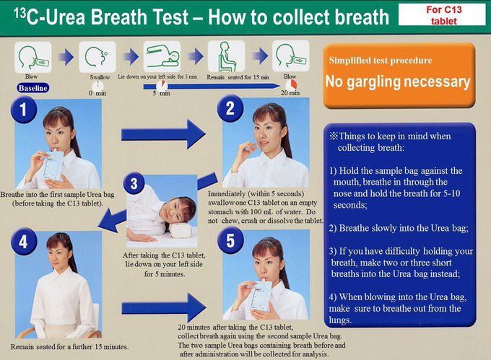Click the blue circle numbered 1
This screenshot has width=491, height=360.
pos(24,110)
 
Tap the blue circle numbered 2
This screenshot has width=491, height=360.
pos(230,108)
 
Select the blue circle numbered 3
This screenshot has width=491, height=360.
pos(134,183)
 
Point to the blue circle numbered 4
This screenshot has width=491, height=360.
pos(24,242)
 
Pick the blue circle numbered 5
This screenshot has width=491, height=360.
pos(230,240)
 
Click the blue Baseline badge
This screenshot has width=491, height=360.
pos(33,88)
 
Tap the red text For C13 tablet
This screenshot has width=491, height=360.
pos(444,15)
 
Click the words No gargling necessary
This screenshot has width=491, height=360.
pos(398,82)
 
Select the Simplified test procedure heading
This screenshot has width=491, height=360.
pos(380,61)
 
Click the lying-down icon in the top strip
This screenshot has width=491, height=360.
pos(162,56)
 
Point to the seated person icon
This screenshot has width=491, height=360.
pos(227,56)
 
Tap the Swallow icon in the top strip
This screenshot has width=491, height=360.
pos(97,57)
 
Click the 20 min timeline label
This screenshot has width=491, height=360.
pos(290,93)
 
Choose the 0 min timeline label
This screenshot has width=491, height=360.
pos(97,93)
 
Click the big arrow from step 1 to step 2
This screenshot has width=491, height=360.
pos(163,134)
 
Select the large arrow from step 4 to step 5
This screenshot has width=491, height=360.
pos(163,308)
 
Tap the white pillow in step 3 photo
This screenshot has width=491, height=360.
pos(181,231)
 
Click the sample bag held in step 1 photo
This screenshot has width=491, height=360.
pos(53,165)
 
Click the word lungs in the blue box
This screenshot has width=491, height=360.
pos(340,320)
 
